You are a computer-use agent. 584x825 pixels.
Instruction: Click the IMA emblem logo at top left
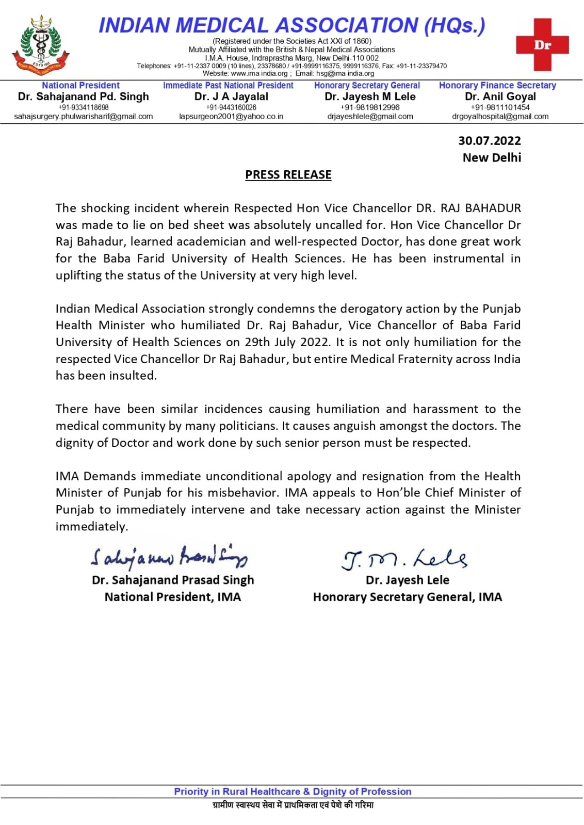(x=40, y=45)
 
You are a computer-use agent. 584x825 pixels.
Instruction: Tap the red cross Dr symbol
(x=542, y=45)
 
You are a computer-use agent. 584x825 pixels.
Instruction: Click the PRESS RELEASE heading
(x=288, y=175)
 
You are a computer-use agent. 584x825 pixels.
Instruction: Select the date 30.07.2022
(x=489, y=141)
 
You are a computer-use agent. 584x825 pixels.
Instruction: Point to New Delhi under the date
(x=492, y=158)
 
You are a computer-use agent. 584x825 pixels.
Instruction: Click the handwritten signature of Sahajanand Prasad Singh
(x=169, y=557)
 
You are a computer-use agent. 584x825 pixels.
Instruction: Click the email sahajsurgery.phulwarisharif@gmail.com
(x=84, y=117)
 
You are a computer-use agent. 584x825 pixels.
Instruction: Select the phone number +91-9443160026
(x=231, y=107)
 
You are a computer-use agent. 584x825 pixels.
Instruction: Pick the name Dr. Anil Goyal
(x=500, y=96)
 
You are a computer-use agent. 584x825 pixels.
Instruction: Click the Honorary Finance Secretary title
(x=497, y=86)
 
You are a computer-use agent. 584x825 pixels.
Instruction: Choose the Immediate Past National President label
(x=228, y=86)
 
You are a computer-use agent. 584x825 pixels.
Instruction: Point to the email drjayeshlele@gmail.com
(x=370, y=117)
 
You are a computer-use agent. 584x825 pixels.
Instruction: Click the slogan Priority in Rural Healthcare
(x=293, y=791)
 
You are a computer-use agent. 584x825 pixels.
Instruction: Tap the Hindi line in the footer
(x=293, y=805)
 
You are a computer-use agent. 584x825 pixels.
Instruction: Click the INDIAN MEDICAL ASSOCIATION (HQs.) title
(x=292, y=25)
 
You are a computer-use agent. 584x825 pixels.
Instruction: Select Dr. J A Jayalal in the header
(x=231, y=96)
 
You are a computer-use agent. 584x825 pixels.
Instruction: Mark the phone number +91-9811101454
(x=500, y=107)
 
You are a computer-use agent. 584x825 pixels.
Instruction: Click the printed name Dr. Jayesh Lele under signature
(x=407, y=580)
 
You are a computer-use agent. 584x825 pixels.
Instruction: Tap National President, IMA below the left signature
(x=172, y=597)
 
